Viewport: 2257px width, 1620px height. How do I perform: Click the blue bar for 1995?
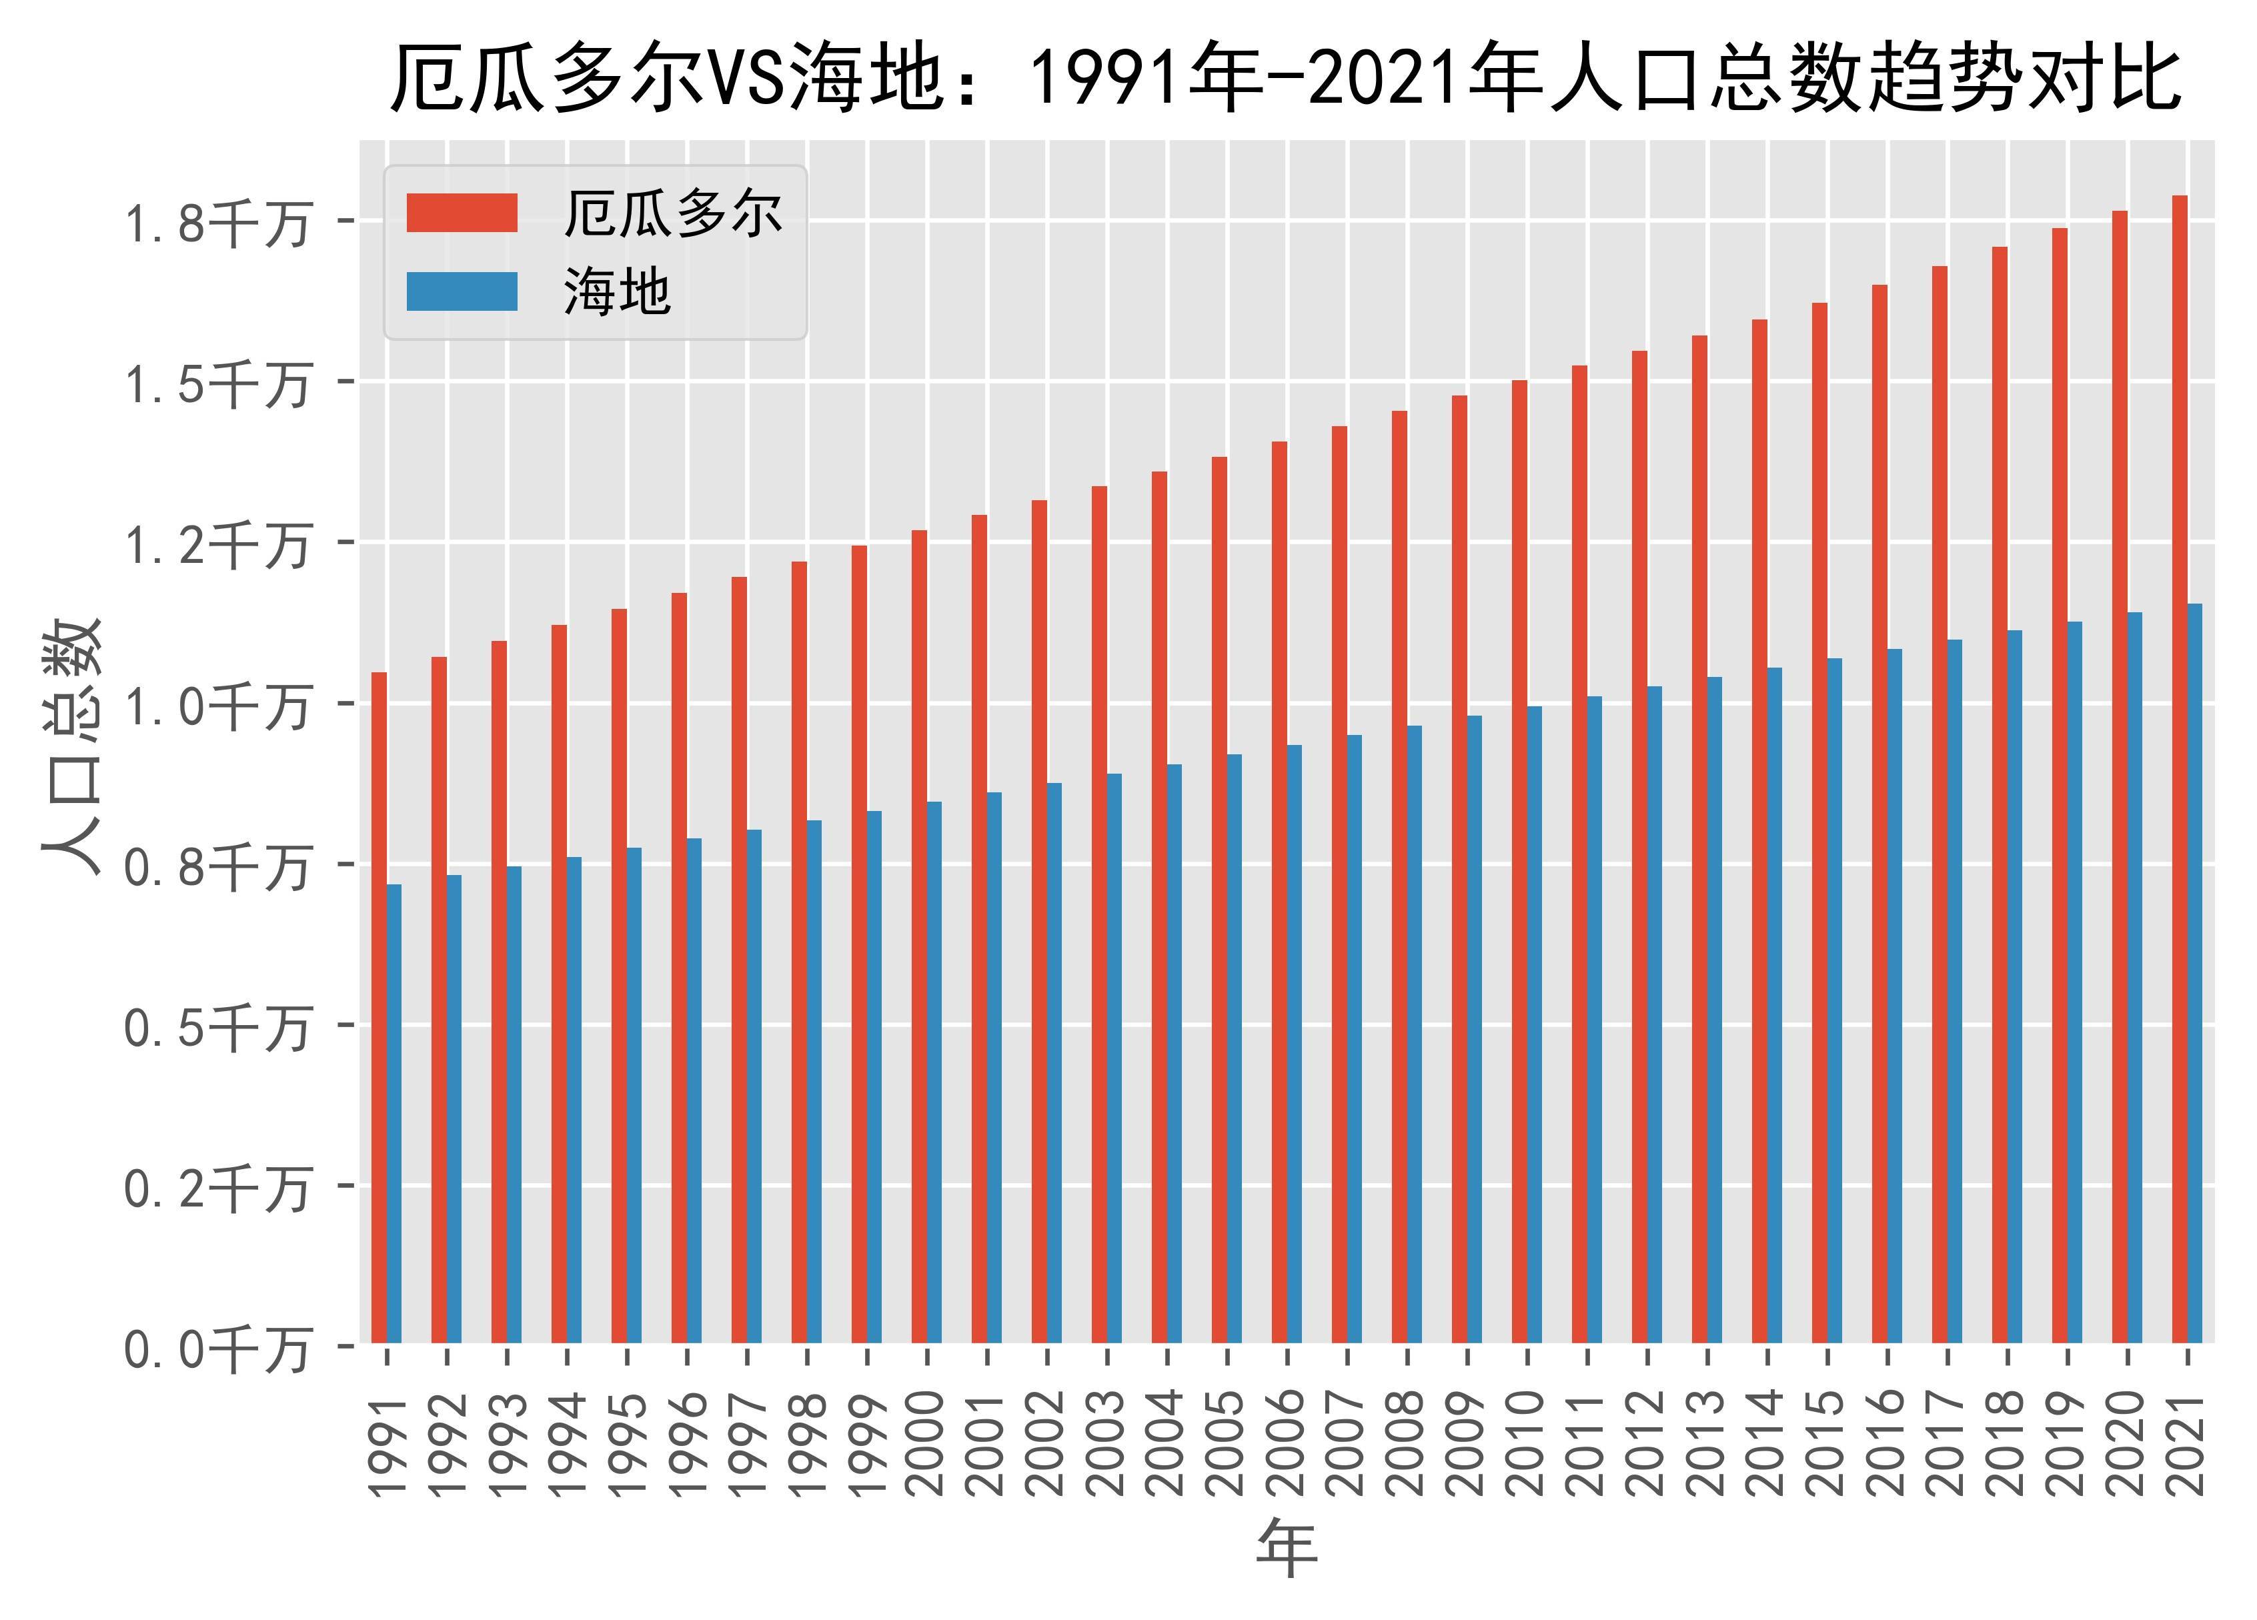(634, 1094)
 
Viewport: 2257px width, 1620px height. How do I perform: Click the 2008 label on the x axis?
(1407, 1443)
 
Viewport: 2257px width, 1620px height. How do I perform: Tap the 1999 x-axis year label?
(867, 1443)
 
